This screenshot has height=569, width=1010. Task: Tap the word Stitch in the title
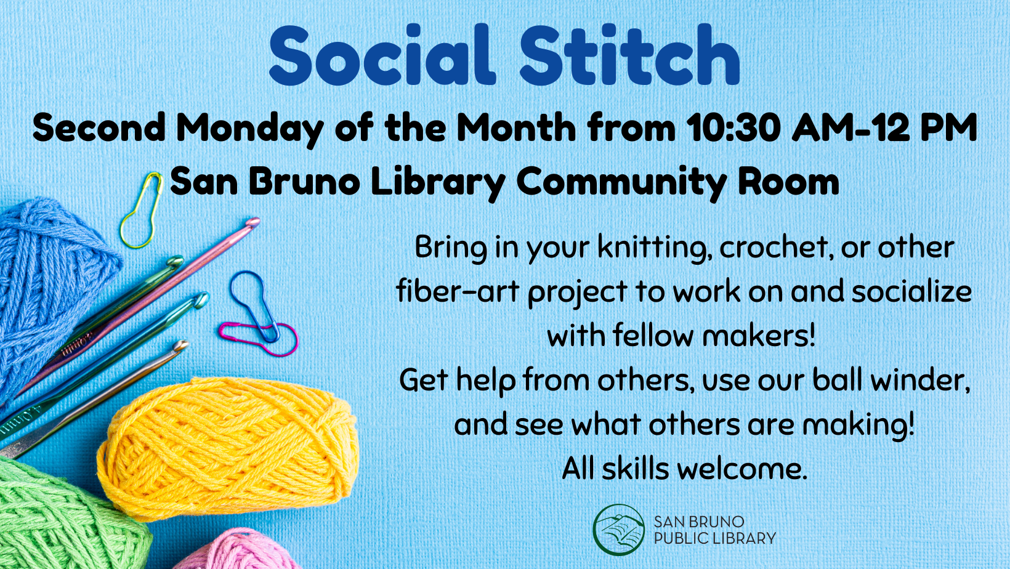(629, 55)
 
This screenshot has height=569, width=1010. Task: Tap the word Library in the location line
(438, 182)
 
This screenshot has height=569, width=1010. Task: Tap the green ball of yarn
(62, 517)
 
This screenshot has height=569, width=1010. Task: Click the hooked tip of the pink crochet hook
(252, 223)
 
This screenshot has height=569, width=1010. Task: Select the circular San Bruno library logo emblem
(618, 530)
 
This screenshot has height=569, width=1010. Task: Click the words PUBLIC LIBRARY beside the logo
(714, 539)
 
